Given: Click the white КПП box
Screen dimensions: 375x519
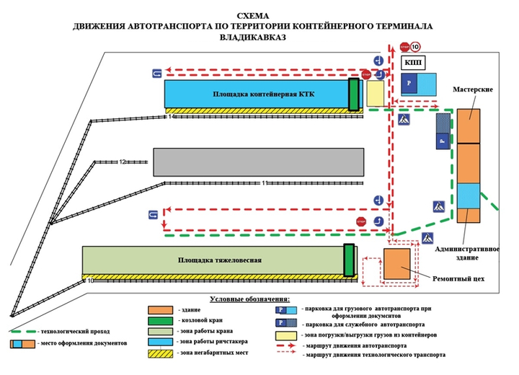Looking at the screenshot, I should point(413,63).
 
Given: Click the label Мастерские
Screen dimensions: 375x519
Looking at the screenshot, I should point(473,89).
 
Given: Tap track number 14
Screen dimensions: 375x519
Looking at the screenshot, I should point(172,117).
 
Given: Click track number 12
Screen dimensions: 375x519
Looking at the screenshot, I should point(123,162).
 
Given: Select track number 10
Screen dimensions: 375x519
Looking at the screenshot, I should point(91,280).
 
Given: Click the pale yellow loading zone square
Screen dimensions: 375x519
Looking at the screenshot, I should point(375,94).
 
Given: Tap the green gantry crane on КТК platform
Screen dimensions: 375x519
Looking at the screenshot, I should point(354,94).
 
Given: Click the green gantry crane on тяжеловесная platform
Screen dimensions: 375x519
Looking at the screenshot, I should point(349,260).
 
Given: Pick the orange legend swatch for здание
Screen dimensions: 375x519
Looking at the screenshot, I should point(160,308).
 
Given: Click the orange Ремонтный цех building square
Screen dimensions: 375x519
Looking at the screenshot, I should point(397,264).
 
